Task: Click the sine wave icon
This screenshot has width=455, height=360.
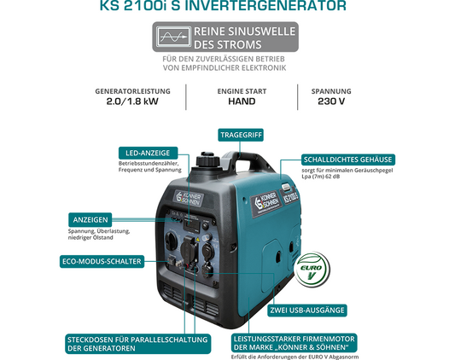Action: [x=173, y=38]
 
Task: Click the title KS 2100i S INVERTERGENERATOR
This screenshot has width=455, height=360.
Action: [x=227, y=8]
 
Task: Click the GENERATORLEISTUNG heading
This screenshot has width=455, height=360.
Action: [x=133, y=90]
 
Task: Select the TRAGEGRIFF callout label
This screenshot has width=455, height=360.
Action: [x=240, y=135]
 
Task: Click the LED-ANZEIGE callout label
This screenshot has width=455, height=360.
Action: [x=149, y=152]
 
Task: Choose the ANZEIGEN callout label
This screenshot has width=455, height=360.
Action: [x=90, y=218]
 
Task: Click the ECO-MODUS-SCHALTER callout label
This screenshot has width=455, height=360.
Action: [x=101, y=261]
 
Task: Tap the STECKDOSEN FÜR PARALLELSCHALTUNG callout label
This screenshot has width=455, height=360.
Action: [x=137, y=343]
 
